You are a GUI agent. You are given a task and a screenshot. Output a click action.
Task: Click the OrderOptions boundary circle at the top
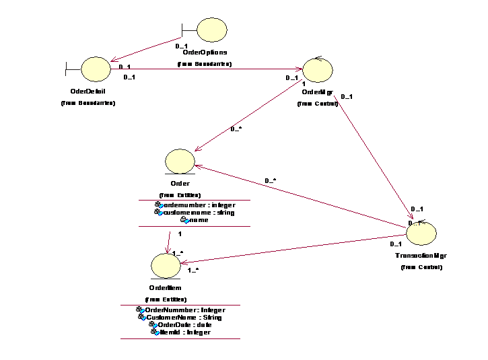pos(212,30)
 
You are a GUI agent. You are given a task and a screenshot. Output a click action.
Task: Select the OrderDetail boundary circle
pos(96,69)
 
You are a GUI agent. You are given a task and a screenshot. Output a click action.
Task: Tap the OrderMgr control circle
pos(317,70)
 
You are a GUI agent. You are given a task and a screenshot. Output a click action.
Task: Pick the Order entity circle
pos(180,161)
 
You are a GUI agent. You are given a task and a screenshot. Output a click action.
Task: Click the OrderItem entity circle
pos(166,265)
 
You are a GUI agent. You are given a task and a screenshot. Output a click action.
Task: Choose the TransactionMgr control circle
pos(421,233)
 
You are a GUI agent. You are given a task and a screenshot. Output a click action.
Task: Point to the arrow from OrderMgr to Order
pos(249,114)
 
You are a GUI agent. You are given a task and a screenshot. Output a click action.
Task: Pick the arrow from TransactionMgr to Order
pos(303,199)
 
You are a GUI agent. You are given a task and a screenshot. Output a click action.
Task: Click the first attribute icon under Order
pos(160,205)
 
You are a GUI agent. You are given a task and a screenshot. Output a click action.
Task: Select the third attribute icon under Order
pos(186,220)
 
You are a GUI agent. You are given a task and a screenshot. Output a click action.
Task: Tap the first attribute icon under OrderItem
pos(141,310)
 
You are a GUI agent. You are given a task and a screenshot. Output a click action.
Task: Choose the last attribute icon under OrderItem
pos(155,332)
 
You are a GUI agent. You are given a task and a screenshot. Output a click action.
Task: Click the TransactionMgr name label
pos(421,256)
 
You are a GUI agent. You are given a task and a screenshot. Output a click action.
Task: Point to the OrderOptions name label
pos(205,52)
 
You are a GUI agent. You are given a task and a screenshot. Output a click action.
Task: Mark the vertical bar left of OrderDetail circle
pos(67,69)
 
